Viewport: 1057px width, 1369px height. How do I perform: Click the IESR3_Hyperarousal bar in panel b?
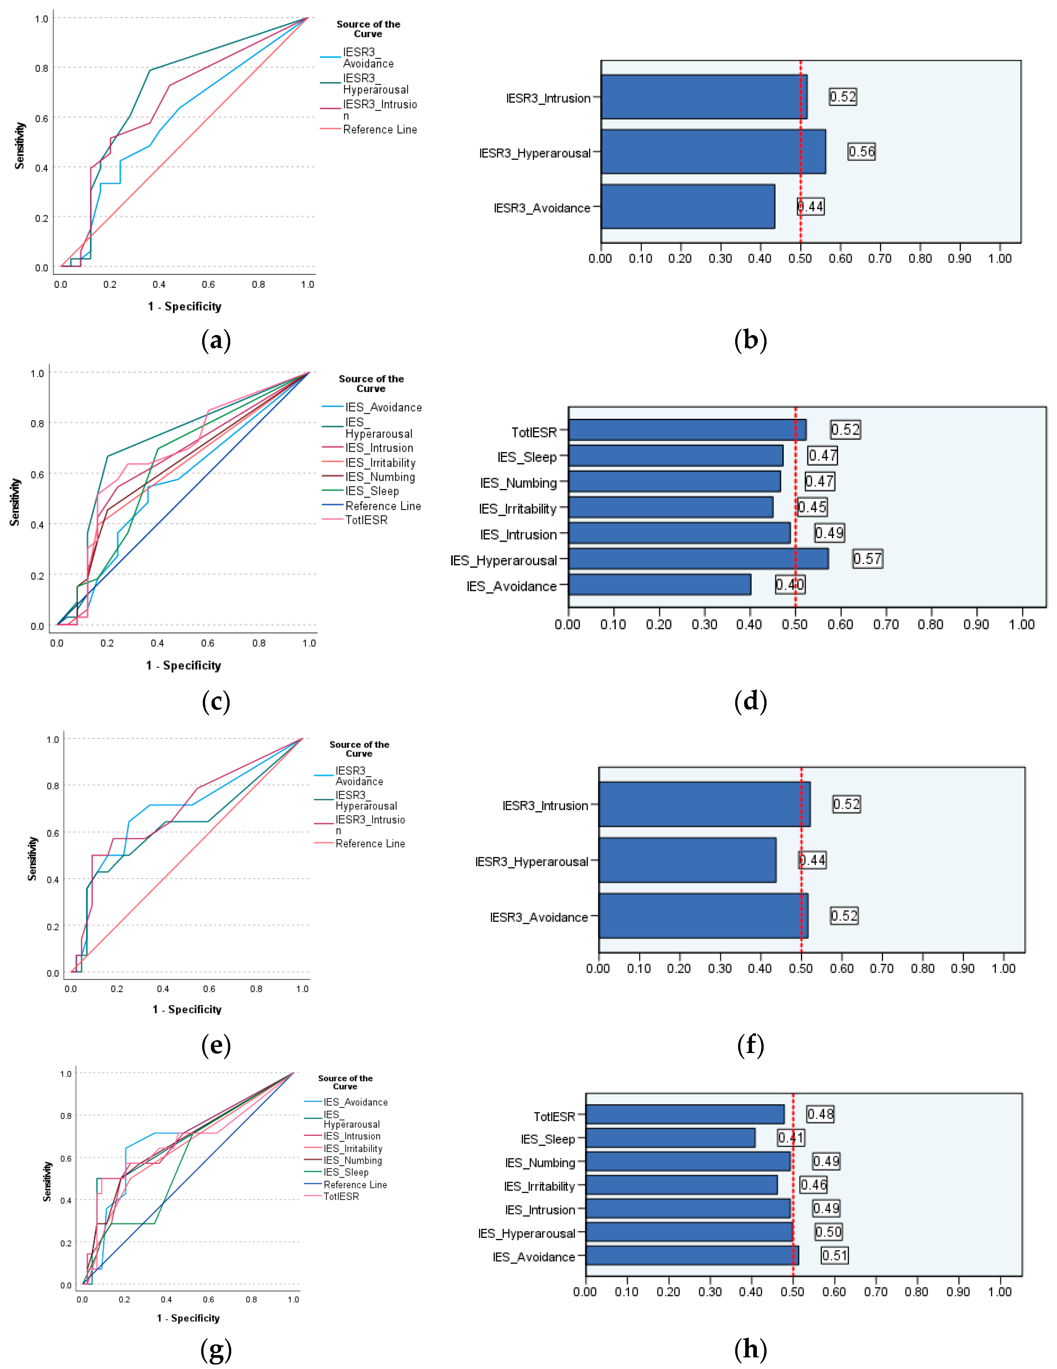point(713,152)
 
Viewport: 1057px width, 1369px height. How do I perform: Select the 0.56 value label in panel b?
point(861,152)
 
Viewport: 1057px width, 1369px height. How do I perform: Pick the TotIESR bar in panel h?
point(685,1114)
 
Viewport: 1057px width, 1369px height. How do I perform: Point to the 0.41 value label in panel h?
point(790,1138)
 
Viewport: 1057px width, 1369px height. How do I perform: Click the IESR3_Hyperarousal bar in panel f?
point(687,860)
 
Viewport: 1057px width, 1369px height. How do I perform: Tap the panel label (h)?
point(750,1349)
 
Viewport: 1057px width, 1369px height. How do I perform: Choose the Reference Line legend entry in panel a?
point(379,130)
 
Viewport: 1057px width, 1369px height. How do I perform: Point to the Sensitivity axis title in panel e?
point(32,859)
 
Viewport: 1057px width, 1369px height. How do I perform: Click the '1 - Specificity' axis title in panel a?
point(184,307)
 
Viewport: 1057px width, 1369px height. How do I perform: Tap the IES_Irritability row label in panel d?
point(517,509)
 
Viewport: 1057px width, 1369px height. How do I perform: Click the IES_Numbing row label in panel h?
point(540,1163)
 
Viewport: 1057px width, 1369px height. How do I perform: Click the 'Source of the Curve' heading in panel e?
point(359,749)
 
